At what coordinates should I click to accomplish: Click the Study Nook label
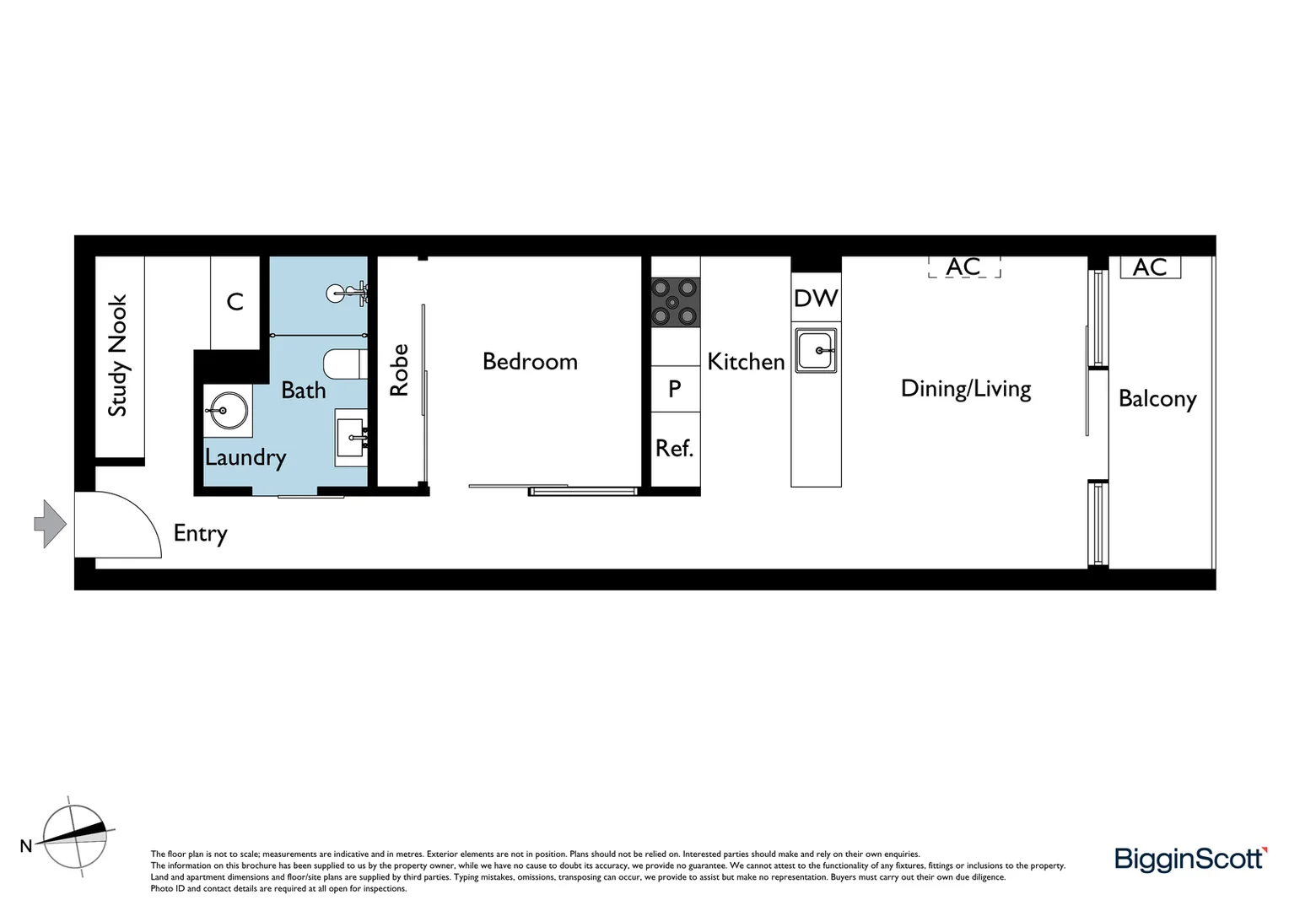pyautogui.click(x=118, y=355)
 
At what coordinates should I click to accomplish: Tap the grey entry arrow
pyautogui.click(x=51, y=524)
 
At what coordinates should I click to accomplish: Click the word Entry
pyautogui.click(x=200, y=533)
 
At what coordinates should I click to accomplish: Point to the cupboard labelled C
pyautogui.click(x=235, y=302)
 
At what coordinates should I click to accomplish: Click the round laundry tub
pyautogui.click(x=226, y=411)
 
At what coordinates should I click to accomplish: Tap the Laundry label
pyautogui.click(x=245, y=457)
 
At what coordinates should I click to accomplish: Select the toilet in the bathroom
pyautogui.click(x=344, y=364)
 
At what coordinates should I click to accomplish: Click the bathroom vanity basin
pyautogui.click(x=352, y=437)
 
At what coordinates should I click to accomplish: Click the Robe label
pyautogui.click(x=399, y=369)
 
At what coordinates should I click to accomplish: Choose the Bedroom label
pyautogui.click(x=530, y=362)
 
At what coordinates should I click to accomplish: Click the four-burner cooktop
pyautogui.click(x=675, y=302)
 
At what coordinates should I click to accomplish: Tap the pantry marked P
pyautogui.click(x=675, y=389)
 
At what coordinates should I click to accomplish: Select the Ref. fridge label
pyautogui.click(x=675, y=448)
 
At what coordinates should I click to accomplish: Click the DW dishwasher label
pyautogui.click(x=816, y=298)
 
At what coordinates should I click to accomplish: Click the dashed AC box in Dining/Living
pyautogui.click(x=963, y=267)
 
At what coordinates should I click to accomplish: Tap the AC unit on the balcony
pyautogui.click(x=1150, y=267)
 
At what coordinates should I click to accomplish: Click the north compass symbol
pyautogui.click(x=75, y=836)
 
